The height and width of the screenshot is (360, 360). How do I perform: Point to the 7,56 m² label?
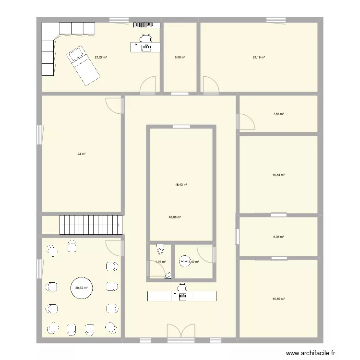(278, 114)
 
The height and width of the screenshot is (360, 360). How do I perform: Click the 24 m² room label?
(81, 154)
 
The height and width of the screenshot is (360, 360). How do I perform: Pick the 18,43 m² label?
(181, 185)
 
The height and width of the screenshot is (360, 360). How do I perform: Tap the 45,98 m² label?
(175, 217)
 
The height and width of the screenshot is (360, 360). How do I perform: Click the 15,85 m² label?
(278, 299)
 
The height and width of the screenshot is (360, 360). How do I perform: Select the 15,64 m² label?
(278, 175)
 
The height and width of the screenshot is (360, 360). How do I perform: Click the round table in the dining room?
(81, 288)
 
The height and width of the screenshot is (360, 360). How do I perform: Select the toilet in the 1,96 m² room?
(160, 250)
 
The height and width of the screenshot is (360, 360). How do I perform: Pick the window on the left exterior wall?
(39, 135)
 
